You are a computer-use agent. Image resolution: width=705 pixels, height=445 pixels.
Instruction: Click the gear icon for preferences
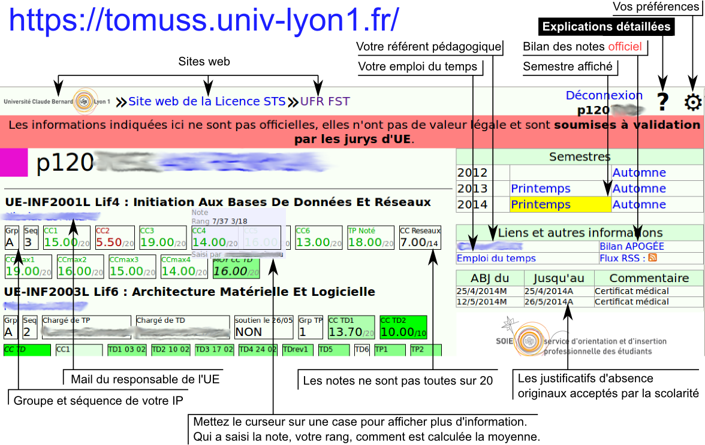click(x=693, y=102)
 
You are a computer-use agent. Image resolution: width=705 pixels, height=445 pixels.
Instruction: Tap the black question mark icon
click(x=662, y=102)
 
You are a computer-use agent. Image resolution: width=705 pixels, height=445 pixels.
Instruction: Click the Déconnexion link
click(x=604, y=95)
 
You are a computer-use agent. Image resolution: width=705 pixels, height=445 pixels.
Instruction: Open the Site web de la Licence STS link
click(x=207, y=101)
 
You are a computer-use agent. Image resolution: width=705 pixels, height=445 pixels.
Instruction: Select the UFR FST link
click(x=325, y=101)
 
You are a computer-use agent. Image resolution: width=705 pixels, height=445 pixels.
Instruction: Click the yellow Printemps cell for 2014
click(x=560, y=204)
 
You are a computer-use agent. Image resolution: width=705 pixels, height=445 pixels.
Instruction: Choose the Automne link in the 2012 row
click(x=639, y=172)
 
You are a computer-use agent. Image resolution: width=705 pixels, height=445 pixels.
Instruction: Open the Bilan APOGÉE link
click(x=631, y=246)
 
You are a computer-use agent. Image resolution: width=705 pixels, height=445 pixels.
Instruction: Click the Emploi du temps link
click(x=496, y=258)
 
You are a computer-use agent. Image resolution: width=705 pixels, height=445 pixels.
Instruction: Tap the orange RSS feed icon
click(x=652, y=258)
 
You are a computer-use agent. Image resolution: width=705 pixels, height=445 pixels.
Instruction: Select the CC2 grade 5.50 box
click(x=115, y=238)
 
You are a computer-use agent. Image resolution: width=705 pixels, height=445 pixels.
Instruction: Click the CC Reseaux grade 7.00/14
click(x=420, y=238)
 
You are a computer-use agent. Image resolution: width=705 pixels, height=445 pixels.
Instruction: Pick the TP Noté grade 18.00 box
click(x=370, y=238)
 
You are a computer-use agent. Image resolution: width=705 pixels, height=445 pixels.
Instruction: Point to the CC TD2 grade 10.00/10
click(x=402, y=327)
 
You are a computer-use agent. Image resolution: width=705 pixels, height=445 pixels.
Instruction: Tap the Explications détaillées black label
click(x=606, y=27)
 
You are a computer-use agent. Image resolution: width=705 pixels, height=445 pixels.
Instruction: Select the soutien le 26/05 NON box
click(x=263, y=327)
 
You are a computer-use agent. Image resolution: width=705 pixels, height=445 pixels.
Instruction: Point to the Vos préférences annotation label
click(x=656, y=7)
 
